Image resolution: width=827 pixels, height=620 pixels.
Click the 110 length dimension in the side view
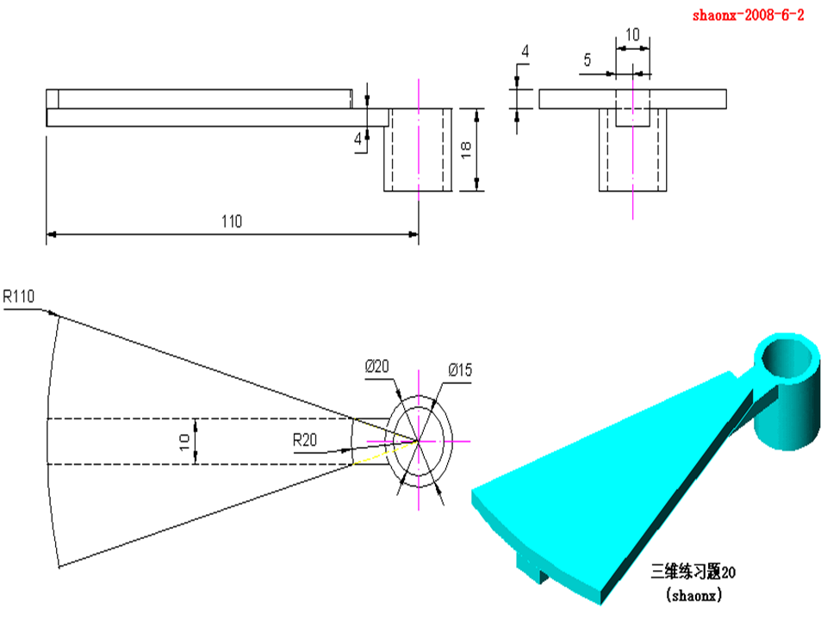click(x=232, y=221)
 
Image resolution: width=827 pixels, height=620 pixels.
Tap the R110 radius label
click(x=18, y=297)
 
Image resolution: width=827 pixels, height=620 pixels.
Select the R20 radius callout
click(x=305, y=440)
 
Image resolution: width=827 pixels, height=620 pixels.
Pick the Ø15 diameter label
click(x=460, y=370)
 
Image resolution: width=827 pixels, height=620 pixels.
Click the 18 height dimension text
click(x=466, y=149)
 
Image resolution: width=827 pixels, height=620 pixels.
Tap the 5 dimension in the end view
click(x=588, y=60)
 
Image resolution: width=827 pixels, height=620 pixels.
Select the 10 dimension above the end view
click(x=632, y=34)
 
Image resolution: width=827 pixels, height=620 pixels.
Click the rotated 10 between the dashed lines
click(x=184, y=442)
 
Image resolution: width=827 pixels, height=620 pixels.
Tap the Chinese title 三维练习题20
click(x=693, y=570)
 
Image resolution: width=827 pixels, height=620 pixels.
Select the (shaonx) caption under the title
click(x=693, y=593)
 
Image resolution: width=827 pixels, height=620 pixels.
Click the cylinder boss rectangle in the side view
click(x=418, y=149)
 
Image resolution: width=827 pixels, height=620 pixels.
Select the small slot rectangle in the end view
click(x=632, y=108)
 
